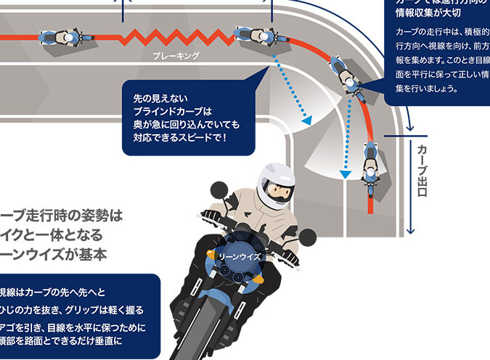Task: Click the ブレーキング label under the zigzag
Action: [176, 55]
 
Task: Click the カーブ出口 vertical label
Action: [422, 171]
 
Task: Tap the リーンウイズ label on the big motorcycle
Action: [239, 256]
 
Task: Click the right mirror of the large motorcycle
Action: [308, 237]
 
